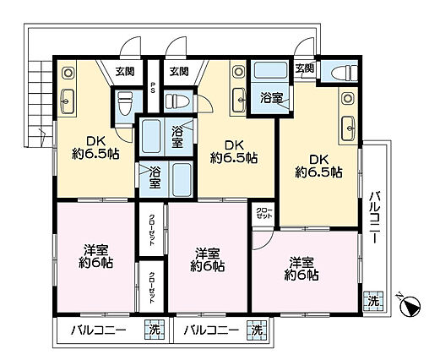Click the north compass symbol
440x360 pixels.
[x=410, y=305]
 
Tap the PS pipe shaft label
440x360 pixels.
[x=153, y=87]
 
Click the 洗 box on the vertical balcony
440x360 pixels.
[x=372, y=300]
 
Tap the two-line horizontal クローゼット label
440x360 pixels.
[x=263, y=212]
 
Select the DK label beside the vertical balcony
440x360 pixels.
[x=318, y=164]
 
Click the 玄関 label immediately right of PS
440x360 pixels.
[x=178, y=72]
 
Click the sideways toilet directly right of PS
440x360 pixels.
[x=179, y=100]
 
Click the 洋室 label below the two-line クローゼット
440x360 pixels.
[x=301, y=267]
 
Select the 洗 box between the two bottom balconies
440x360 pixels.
[x=154, y=330]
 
